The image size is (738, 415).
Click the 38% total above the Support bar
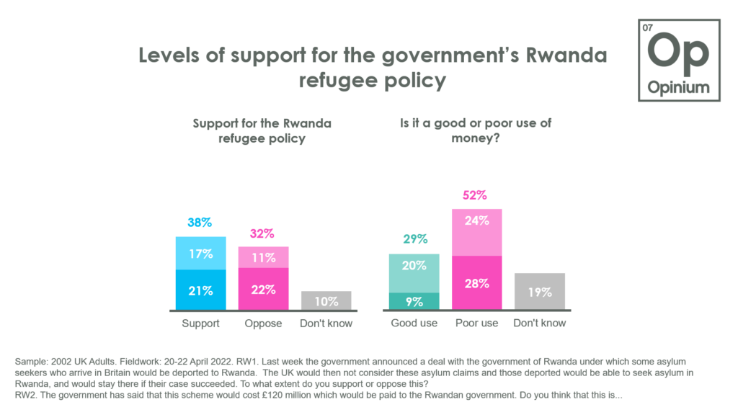pos(200,223)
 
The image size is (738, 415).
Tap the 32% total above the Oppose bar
pos(263,233)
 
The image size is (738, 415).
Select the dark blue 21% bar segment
pos(200,290)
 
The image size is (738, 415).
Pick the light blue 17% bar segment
pos(200,254)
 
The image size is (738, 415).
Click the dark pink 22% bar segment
pos(263,290)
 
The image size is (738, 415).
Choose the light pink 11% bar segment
pos(263,257)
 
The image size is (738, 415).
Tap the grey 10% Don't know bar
pos(326,300)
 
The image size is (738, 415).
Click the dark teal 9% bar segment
pos(414,302)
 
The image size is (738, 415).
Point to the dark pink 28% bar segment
pos(476,283)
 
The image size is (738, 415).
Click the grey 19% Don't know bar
pos(539,292)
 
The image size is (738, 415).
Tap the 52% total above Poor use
pos(476,195)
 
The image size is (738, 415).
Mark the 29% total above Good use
pos(414,239)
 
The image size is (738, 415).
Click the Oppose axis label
pos(263,323)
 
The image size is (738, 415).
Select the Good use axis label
pos(414,323)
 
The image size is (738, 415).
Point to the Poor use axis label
pos(476,323)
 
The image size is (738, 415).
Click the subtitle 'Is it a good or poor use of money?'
pos(476,130)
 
